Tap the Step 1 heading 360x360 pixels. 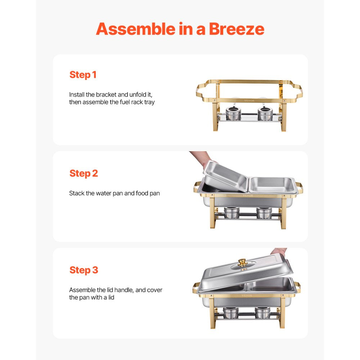(83, 75)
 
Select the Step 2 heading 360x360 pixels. (84, 173)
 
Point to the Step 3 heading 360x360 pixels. (84, 270)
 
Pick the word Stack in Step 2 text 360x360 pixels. (77, 193)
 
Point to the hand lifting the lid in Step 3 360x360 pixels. (279, 251)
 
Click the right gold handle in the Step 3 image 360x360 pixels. (298, 287)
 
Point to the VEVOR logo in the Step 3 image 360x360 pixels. (247, 295)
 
